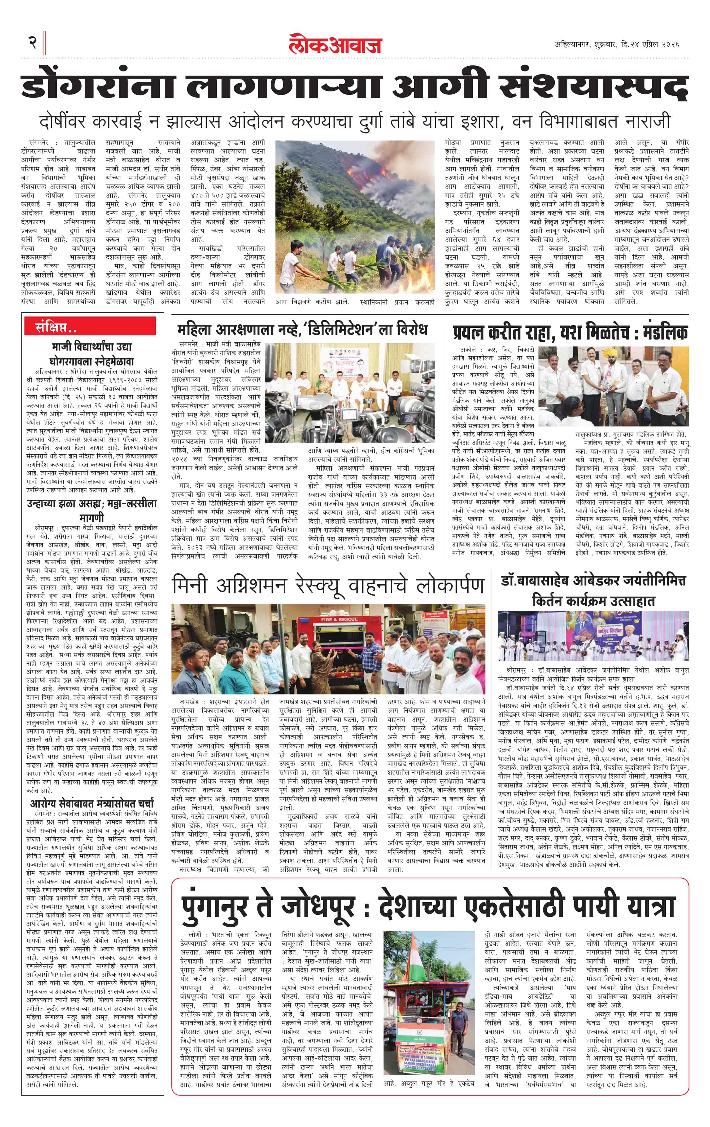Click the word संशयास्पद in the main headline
pos(594,87)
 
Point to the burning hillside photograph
pos(355,218)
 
